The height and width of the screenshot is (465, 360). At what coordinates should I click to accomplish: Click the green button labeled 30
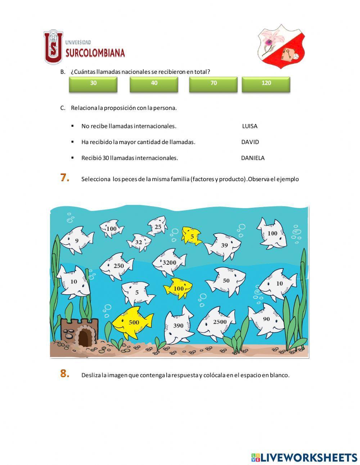tap(93, 84)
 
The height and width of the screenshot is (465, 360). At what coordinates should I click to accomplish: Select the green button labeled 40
tap(154, 84)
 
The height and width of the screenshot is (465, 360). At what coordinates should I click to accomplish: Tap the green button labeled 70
tap(213, 84)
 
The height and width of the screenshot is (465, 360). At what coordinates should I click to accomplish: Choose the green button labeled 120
tap(266, 84)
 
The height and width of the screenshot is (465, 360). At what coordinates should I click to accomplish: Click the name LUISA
tap(249, 126)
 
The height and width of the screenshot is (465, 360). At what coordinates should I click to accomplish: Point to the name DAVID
tap(250, 142)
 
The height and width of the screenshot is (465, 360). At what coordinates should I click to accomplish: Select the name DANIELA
tap(252, 158)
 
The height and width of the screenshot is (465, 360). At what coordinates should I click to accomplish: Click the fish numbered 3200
tap(169, 263)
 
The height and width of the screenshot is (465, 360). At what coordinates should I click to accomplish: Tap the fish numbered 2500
tap(217, 323)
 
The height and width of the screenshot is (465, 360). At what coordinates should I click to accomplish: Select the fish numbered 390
tap(178, 326)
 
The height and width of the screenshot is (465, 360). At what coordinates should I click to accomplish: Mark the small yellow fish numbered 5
tap(191, 236)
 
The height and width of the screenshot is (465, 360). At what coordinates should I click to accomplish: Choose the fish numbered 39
tap(224, 246)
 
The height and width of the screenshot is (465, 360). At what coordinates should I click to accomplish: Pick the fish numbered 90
tap(266, 319)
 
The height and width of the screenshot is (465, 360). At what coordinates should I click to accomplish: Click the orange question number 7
tap(65, 178)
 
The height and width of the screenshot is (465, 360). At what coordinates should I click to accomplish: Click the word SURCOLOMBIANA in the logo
tap(95, 53)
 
